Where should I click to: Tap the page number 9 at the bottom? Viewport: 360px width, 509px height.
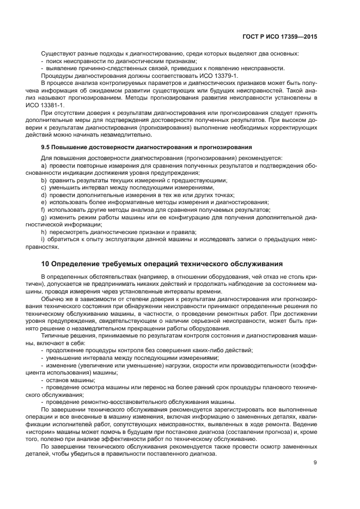pos(315,463)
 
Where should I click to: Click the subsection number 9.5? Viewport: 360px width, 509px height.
pos(47,147)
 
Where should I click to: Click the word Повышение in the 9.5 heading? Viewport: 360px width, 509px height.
pos(74,147)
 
